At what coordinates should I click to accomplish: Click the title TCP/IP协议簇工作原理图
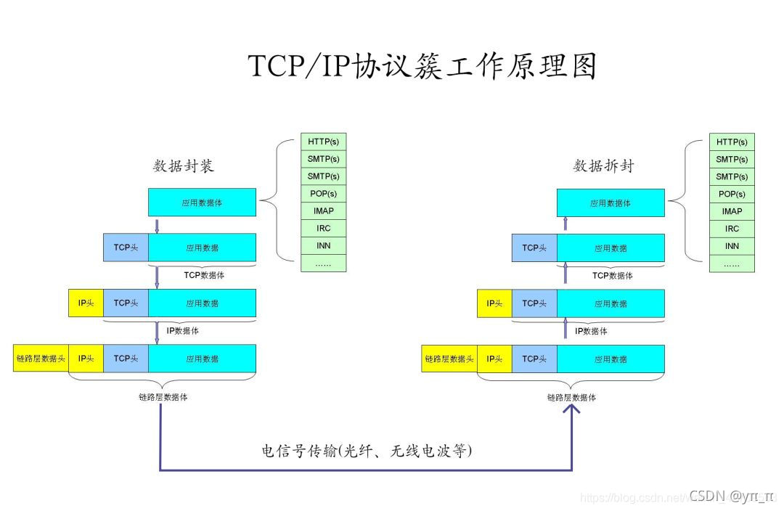(x=422, y=66)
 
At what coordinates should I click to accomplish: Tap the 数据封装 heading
(x=184, y=165)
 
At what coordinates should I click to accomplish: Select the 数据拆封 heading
(x=603, y=165)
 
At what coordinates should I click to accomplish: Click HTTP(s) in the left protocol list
(x=323, y=142)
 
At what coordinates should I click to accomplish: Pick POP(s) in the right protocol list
(x=732, y=194)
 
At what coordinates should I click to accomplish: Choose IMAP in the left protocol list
(x=323, y=211)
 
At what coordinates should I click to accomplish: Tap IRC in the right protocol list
(x=732, y=229)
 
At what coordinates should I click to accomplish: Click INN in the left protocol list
(x=323, y=246)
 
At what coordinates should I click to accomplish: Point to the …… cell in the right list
(x=732, y=264)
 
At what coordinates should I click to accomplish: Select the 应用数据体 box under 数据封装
(x=202, y=203)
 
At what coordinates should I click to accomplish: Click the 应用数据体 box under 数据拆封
(x=611, y=203)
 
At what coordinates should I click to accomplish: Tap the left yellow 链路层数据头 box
(x=41, y=358)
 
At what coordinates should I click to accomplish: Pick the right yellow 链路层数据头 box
(x=449, y=359)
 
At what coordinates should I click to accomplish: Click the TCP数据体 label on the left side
(x=204, y=275)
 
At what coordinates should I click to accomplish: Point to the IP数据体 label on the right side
(x=591, y=331)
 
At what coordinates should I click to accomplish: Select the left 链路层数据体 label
(x=163, y=397)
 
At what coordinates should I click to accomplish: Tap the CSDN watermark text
(x=731, y=496)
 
